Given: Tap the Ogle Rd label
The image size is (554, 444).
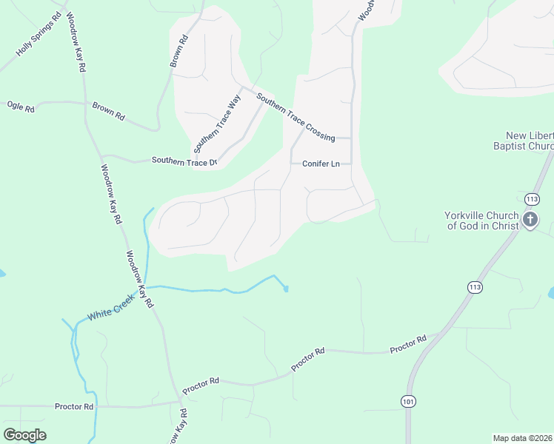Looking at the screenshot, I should click(21, 107).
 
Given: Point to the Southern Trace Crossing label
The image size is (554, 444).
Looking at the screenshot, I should click(296, 117).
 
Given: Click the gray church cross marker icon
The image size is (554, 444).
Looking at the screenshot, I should click(530, 220).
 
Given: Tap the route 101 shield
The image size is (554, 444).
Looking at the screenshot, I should click(408, 401).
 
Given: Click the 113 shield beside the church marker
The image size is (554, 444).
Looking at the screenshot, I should click(531, 199).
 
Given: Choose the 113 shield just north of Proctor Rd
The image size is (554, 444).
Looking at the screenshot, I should click(474, 286).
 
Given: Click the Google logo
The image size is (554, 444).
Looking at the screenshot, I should click(24, 435).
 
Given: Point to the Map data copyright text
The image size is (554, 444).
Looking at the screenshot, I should click(523, 438).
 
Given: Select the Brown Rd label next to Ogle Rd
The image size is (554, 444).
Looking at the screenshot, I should click(108, 112).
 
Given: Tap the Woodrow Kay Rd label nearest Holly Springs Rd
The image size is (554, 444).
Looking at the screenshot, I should click(77, 41).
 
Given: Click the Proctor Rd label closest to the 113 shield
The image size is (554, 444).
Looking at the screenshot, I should click(408, 343).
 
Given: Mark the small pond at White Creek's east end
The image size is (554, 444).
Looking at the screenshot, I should click(286, 289).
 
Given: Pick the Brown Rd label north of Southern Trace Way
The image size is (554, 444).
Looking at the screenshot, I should click(180, 51).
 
